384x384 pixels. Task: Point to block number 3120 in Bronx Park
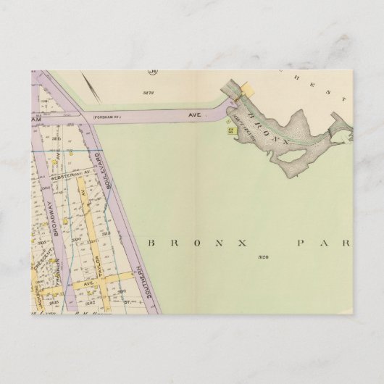262,256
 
